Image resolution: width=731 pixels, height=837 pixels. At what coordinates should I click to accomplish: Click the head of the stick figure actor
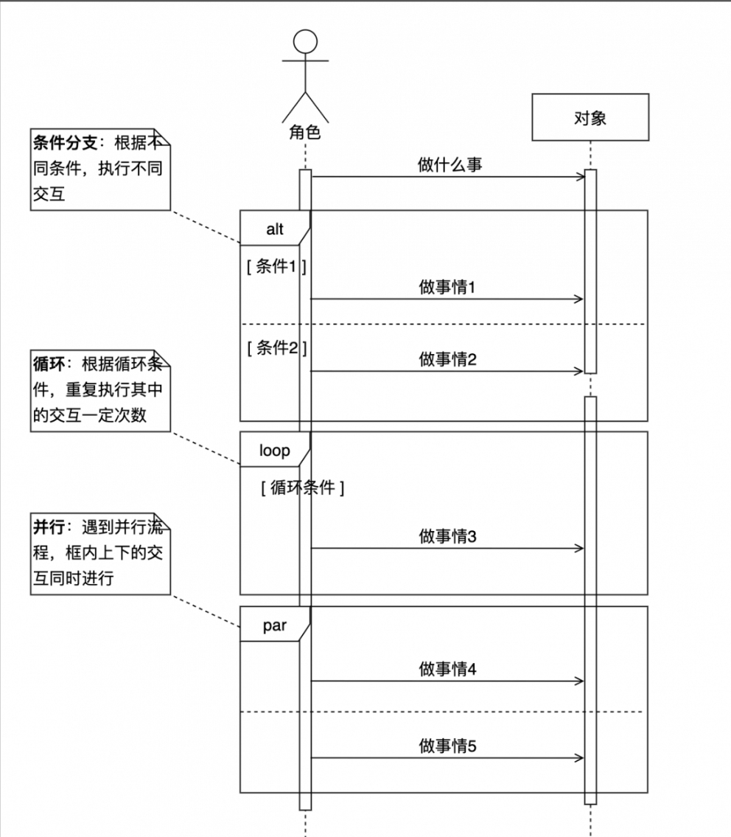[x=305, y=42]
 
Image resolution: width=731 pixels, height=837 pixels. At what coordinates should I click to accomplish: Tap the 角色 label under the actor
[x=305, y=133]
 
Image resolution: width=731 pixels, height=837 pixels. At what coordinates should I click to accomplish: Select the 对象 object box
[x=590, y=117]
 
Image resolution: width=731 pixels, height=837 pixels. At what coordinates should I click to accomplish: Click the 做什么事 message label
[x=450, y=165]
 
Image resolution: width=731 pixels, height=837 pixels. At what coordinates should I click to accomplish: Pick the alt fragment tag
[x=274, y=229]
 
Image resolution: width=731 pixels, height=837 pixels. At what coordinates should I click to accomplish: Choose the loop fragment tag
[x=274, y=451]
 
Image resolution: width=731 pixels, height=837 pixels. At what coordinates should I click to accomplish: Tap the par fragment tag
[x=274, y=627]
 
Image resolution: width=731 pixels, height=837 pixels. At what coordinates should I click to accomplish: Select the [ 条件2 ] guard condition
[x=276, y=348]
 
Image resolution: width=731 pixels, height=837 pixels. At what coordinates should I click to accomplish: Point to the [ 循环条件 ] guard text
[x=302, y=487]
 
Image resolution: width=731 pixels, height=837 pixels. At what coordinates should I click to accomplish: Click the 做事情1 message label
[x=447, y=288]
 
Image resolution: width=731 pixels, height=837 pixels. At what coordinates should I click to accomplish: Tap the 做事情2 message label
[x=447, y=360]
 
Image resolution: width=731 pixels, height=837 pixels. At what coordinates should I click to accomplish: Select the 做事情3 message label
[x=447, y=537]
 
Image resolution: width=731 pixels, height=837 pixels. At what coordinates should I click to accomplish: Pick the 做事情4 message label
[x=447, y=670]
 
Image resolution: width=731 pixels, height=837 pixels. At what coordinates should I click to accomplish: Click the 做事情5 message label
[x=447, y=746]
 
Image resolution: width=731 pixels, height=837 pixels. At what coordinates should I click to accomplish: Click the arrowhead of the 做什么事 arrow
[x=579, y=177]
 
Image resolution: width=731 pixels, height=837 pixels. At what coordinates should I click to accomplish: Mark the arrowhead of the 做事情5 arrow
[x=579, y=757]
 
